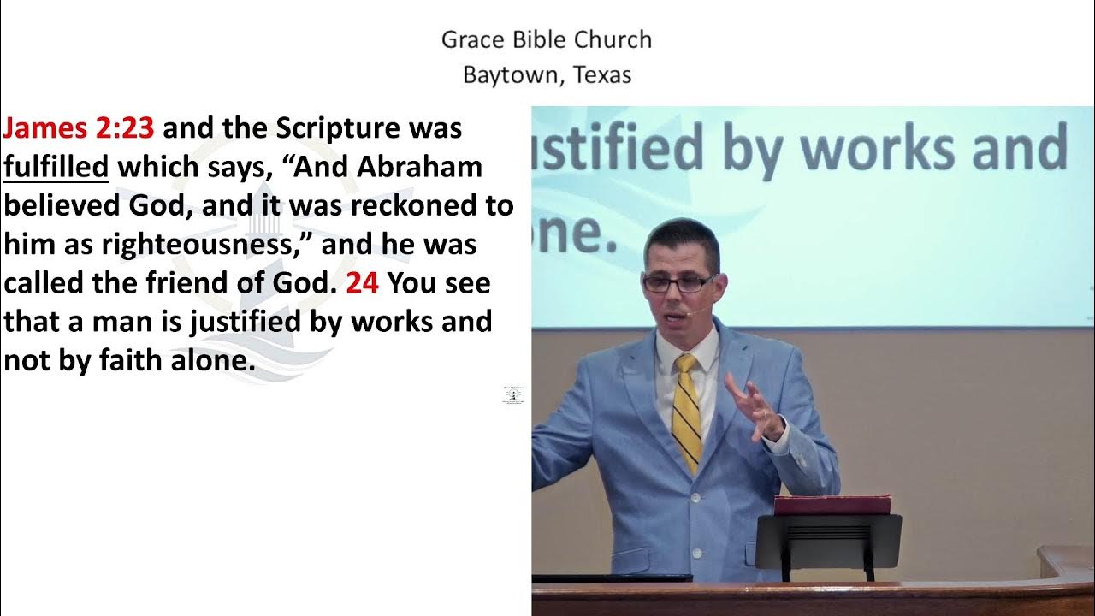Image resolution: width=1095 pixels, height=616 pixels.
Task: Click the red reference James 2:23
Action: point(79,128)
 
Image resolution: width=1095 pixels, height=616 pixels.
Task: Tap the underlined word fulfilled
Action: point(56,167)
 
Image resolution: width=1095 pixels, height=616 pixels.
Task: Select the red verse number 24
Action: point(362,283)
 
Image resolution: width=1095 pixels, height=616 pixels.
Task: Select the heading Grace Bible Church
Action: point(547,39)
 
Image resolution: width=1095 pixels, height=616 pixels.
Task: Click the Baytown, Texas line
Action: point(547,75)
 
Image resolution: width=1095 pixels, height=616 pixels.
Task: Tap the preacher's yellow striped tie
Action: point(686,411)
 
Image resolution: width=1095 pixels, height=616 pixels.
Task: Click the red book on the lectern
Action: point(832,504)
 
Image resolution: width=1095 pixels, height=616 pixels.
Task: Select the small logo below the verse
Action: point(513,395)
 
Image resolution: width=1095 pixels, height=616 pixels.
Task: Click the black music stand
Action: point(828,539)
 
